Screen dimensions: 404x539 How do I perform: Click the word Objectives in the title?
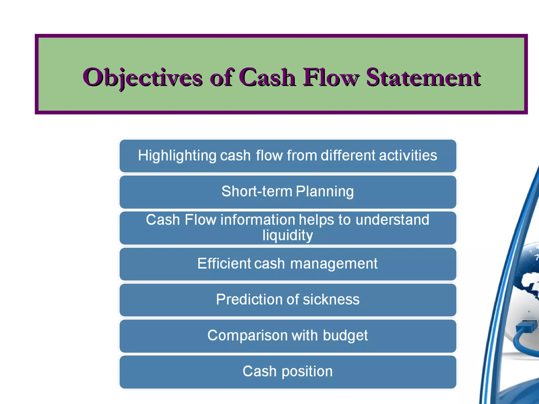pos(142,77)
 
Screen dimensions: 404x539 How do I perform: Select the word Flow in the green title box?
pos(331,77)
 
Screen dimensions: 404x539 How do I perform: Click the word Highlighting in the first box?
pos(177,155)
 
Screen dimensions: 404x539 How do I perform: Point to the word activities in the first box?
pos(408,155)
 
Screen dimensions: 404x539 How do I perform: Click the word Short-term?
pos(257,191)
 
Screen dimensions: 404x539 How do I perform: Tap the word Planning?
pos(325,191)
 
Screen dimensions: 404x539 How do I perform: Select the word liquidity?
pos(288,235)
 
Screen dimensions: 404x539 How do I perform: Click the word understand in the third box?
pos(392,220)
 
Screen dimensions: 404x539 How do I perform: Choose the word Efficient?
pos(224,264)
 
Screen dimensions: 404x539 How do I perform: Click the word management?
pos(334,264)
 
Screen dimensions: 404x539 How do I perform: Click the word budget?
pos(345,336)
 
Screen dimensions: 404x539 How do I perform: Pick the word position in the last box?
pos(307,372)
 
